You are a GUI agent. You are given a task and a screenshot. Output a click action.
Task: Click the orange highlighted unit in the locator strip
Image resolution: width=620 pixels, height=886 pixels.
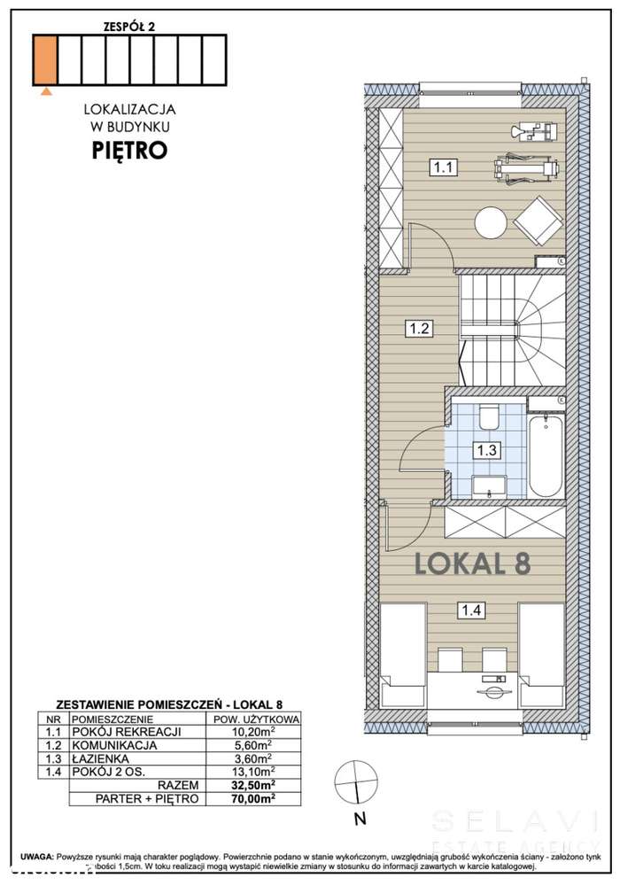45,58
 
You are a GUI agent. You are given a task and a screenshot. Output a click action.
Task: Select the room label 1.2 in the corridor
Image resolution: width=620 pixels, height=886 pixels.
419,329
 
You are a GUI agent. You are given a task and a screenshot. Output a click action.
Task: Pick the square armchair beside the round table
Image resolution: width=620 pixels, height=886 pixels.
538,219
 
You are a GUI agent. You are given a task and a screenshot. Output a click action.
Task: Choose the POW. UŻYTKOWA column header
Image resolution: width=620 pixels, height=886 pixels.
253,719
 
